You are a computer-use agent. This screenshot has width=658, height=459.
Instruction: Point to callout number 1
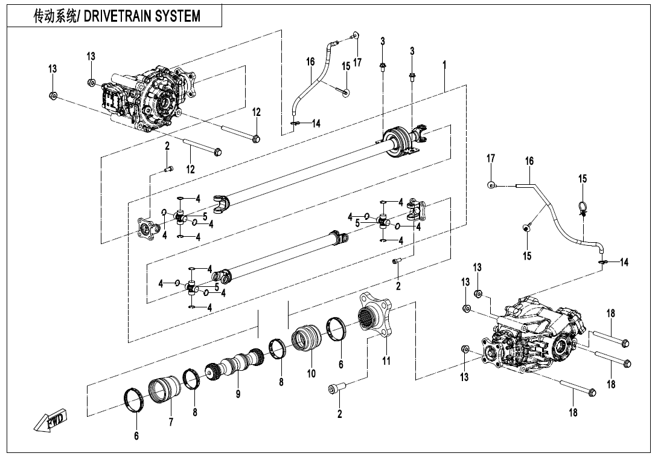444,63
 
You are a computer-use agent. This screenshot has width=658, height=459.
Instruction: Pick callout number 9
238,394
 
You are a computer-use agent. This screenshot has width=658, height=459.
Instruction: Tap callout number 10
311,374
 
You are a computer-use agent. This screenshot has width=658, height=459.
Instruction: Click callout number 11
386,361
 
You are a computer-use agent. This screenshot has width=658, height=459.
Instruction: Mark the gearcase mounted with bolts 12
148,98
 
